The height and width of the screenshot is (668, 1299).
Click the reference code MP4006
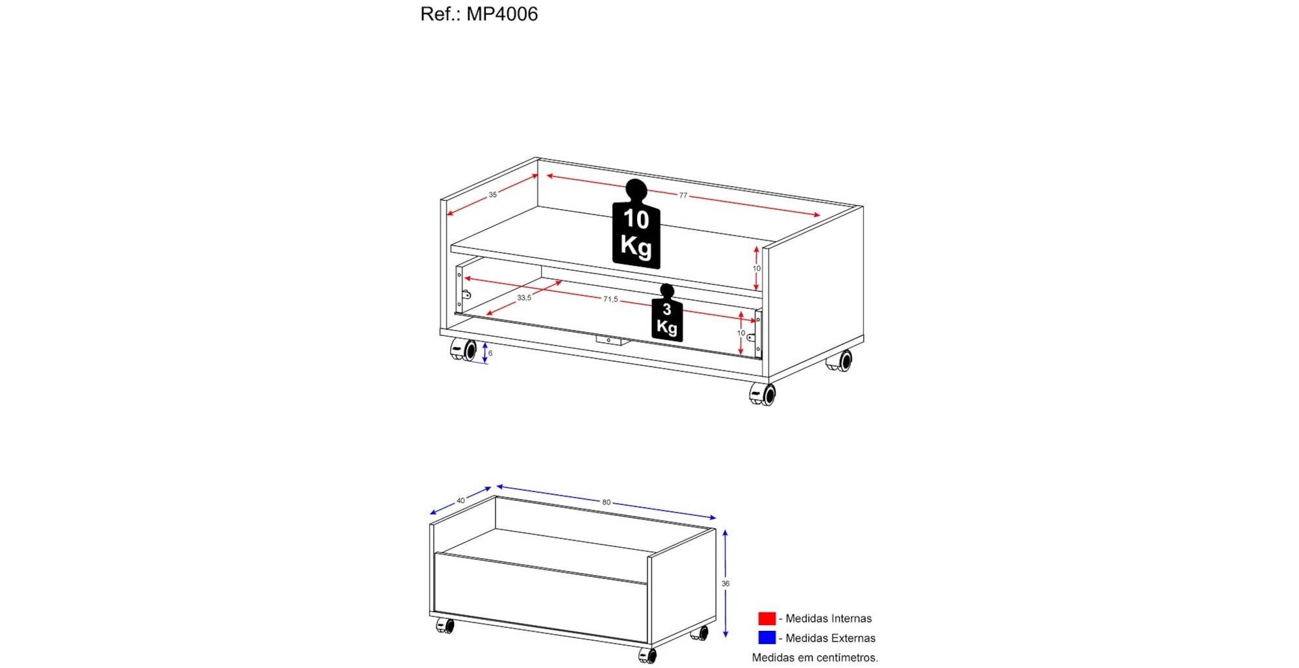pyautogui.click(x=502, y=14)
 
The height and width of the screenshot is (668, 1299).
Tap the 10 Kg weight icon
pyautogui.click(x=636, y=224)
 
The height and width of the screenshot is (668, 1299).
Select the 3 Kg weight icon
pyautogui.click(x=667, y=313)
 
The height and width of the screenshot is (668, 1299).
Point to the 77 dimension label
pyautogui.click(x=683, y=195)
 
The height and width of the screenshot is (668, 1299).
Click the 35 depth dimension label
pyautogui.click(x=493, y=194)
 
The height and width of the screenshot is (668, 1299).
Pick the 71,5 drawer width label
pyautogui.click(x=611, y=299)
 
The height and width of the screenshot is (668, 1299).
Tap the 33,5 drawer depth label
pyautogui.click(x=524, y=298)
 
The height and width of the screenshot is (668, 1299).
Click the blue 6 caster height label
pyautogui.click(x=490, y=353)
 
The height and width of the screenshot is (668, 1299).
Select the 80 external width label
pyautogui.click(x=606, y=502)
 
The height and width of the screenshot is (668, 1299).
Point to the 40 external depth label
pyautogui.click(x=460, y=500)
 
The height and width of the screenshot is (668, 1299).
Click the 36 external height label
pyautogui.click(x=725, y=584)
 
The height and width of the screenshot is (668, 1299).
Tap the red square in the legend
pyautogui.click(x=766, y=618)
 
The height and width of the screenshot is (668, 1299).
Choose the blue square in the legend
pyautogui.click(x=766, y=637)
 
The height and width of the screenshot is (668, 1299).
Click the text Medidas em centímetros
pyautogui.click(x=815, y=658)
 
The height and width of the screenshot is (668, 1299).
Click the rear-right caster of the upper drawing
pyautogui.click(x=840, y=361)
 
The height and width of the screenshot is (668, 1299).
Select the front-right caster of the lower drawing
pyautogui.click(x=648, y=656)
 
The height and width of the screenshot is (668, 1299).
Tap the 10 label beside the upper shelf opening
pyautogui.click(x=757, y=268)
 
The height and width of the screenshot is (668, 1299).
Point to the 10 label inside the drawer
pyautogui.click(x=741, y=333)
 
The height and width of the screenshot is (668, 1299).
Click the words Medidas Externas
pyautogui.click(x=831, y=638)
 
